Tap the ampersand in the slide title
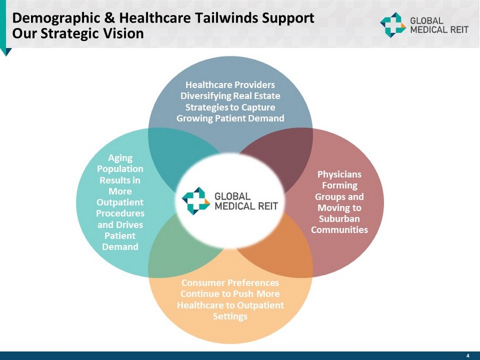pyautogui.click(x=110, y=17)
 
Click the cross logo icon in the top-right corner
pyautogui.click(x=393, y=25)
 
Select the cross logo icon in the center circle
pyautogui.click(x=196, y=201)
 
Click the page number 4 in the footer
pyautogui.click(x=468, y=355)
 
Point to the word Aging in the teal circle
pyautogui.click(x=120, y=158)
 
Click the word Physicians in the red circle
pyautogui.click(x=339, y=174)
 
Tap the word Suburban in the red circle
pyautogui.click(x=339, y=219)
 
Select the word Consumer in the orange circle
pyautogui.click(x=202, y=283)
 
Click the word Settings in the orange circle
pyautogui.click(x=230, y=316)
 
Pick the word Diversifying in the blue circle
pyautogui.click(x=207, y=96)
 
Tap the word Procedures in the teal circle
pyautogui.click(x=120, y=213)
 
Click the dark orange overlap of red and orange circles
pyautogui.click(x=282, y=247)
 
